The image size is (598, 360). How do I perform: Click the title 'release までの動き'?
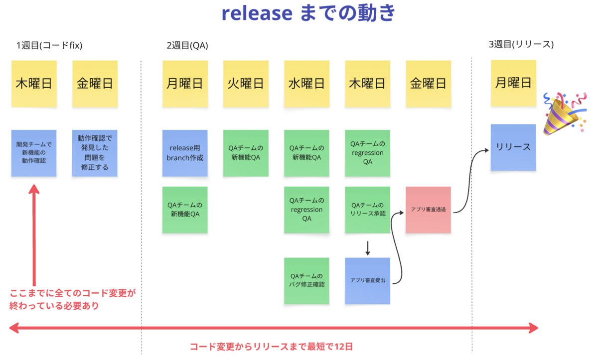click(308, 13)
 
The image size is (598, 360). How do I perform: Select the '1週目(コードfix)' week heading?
click(49, 45)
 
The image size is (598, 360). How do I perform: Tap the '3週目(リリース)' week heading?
click(521, 44)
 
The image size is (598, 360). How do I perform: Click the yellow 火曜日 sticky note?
click(246, 84)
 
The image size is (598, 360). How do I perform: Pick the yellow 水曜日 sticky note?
click(307, 84)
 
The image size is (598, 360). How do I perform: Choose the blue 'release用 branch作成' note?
click(185, 153)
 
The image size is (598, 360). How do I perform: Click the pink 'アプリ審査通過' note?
click(428, 210)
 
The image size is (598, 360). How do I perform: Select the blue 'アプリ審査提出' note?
click(368, 281)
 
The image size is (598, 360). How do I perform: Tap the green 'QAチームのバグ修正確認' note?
click(307, 281)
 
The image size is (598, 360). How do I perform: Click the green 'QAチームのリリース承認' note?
click(368, 210)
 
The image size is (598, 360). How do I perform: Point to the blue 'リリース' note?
click(513, 147)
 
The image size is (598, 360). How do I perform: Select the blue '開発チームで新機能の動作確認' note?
click(34, 153)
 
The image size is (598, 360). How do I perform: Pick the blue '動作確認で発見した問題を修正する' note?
click(95, 153)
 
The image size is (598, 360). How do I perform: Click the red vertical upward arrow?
click(34, 235)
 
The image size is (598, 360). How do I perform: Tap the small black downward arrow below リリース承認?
click(368, 248)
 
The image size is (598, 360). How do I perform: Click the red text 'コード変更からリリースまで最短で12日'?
click(271, 347)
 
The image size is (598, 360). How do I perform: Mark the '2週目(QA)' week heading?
click(187, 45)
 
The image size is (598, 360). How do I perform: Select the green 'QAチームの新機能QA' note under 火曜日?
click(246, 153)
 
